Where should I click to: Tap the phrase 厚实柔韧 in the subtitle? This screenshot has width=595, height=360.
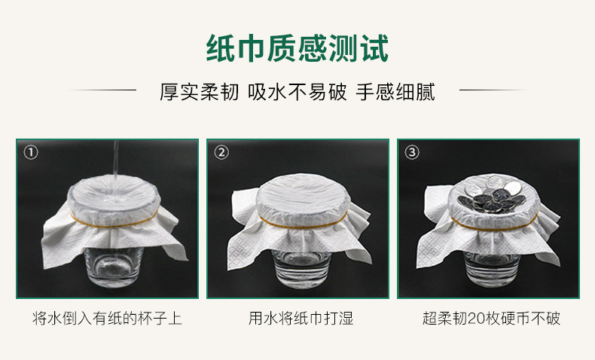coord(199,93)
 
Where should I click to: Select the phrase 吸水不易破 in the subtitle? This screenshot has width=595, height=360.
coord(297,93)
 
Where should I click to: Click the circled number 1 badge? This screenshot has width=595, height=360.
coord(31,153)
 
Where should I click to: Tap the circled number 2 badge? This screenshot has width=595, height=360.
coord(221,153)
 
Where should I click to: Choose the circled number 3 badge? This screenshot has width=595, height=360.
coord(411,153)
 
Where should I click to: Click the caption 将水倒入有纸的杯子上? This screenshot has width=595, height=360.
coord(107,319)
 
